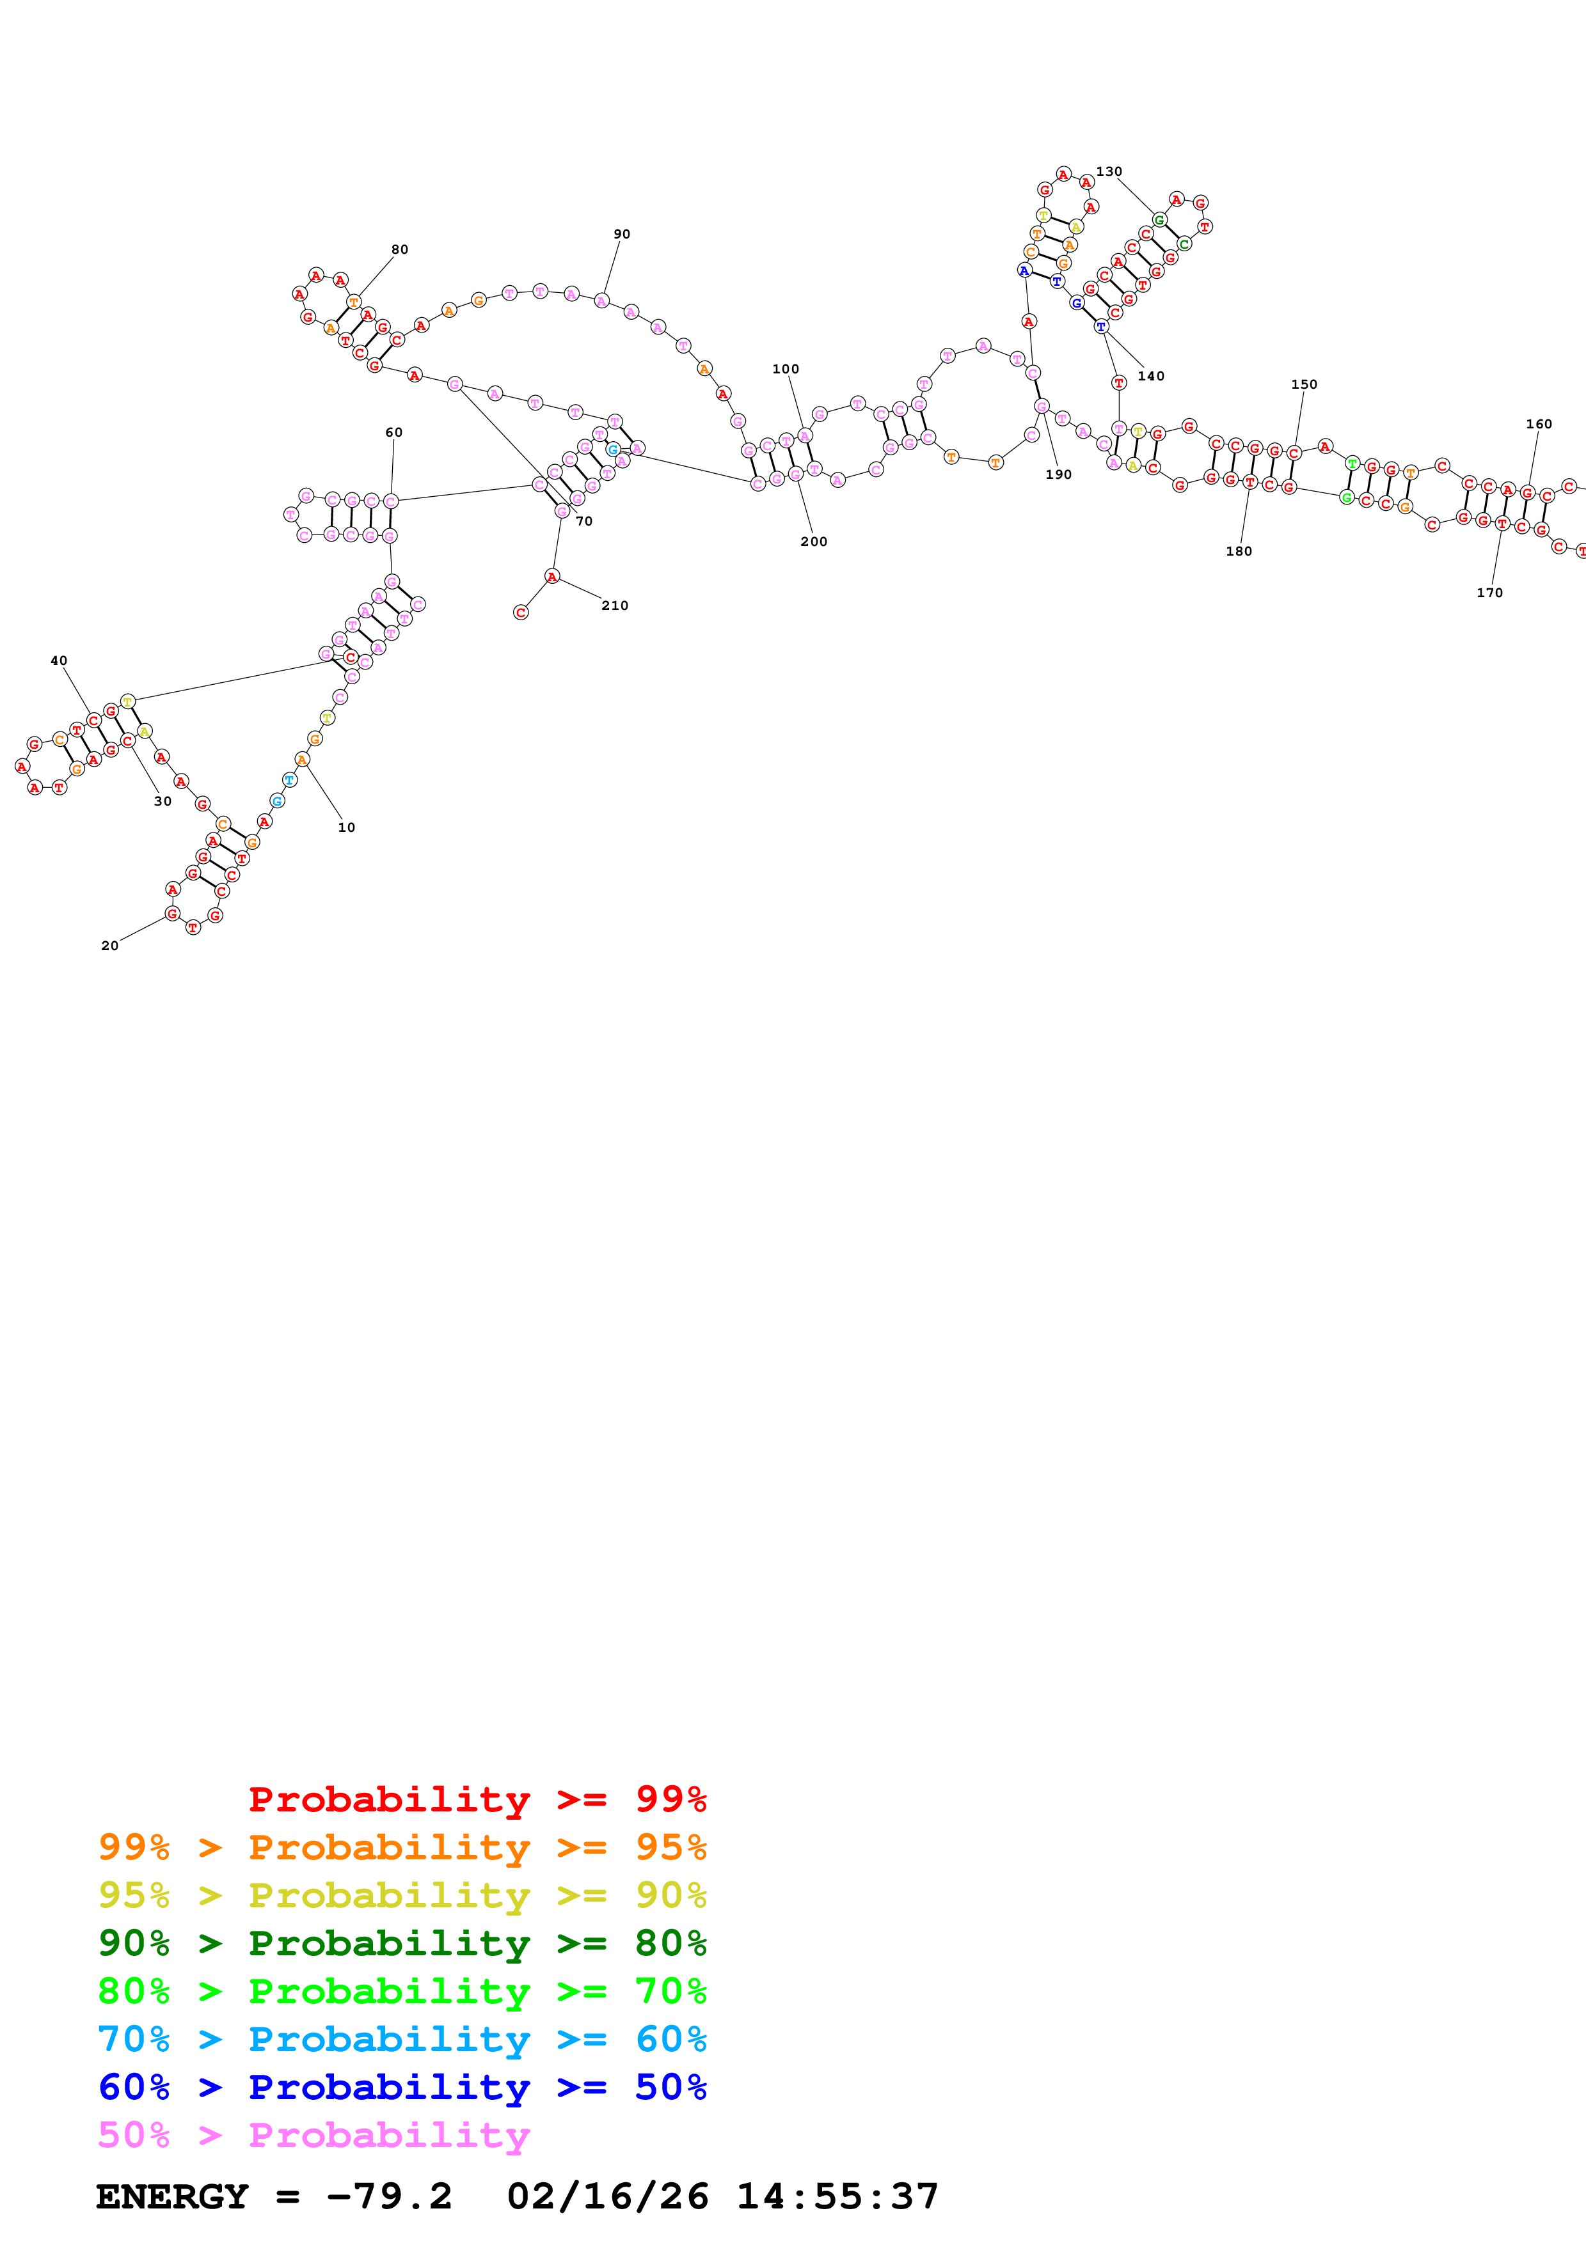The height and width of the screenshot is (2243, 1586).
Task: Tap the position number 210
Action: click(615, 606)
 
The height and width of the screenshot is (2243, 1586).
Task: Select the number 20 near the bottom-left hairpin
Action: click(109, 946)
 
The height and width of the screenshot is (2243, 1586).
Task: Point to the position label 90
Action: click(621, 235)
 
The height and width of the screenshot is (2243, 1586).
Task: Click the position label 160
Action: click(1539, 424)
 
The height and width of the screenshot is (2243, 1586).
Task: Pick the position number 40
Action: click(59, 661)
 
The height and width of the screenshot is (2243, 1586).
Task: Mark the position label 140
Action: click(1150, 376)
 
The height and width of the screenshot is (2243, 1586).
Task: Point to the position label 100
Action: click(785, 370)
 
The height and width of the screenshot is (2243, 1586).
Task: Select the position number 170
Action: click(1489, 593)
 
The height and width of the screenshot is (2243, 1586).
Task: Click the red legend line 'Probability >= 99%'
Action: click(477, 1799)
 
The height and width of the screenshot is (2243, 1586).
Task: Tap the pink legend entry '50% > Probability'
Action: click(313, 2134)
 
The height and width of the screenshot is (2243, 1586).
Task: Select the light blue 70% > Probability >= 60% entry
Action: click(402, 2039)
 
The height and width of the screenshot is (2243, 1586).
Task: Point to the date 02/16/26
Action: click(607, 2196)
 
